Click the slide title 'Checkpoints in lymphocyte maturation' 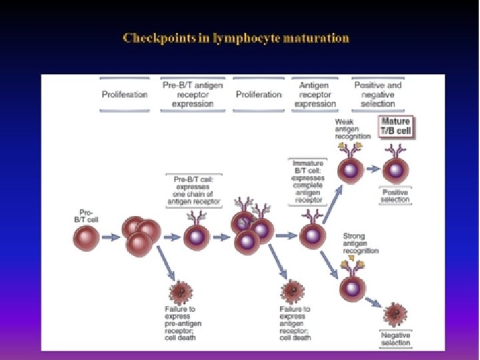[x=236, y=38]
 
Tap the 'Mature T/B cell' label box [x=395, y=126]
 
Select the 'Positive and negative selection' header [x=378, y=94]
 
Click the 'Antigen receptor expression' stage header [x=315, y=94]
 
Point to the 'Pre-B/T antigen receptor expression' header [x=193, y=94]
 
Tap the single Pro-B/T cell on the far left [x=87, y=236]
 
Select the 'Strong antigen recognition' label [x=360, y=243]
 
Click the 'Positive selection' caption [x=395, y=196]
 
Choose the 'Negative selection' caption [x=396, y=339]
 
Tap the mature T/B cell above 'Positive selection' [x=395, y=169]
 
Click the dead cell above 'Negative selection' [x=397, y=314]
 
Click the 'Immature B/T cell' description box [x=309, y=181]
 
